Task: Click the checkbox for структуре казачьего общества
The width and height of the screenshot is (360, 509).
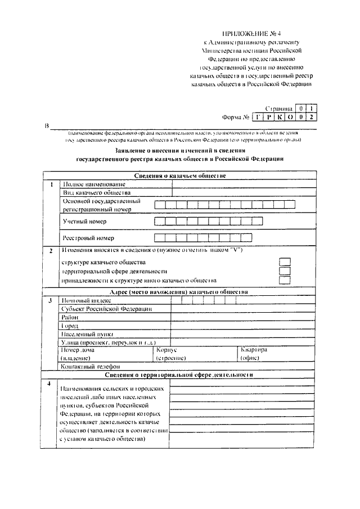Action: [285, 262]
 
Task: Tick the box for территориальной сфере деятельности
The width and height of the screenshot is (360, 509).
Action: [285, 271]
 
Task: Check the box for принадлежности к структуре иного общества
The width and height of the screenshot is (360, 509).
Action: [285, 280]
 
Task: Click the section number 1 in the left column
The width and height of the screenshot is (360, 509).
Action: [51, 184]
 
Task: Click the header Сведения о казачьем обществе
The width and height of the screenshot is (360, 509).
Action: [180, 176]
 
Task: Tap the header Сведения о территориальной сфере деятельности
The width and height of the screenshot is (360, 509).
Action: [180, 375]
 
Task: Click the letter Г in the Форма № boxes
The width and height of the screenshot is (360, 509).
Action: [258, 118]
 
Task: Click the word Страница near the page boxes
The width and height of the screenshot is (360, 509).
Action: [279, 107]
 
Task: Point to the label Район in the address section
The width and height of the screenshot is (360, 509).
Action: [70, 318]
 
